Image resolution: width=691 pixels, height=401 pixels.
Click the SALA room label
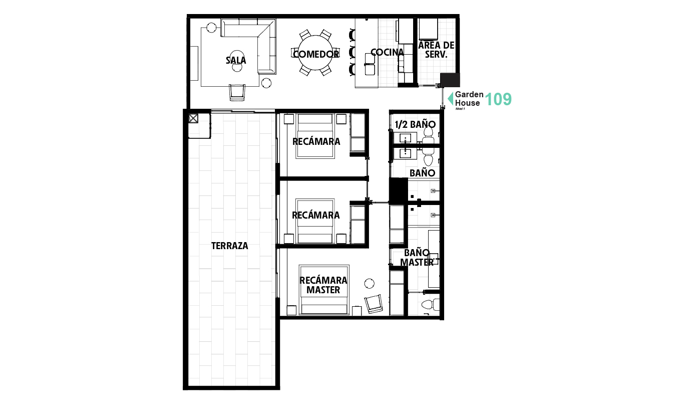point(236,61)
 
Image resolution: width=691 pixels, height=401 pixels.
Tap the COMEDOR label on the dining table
point(316,54)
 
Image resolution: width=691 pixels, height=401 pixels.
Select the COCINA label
point(387,53)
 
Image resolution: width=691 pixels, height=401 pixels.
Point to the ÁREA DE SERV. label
point(436,50)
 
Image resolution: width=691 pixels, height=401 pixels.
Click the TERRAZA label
point(229,246)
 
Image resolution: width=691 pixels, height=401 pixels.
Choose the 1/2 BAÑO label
point(415,124)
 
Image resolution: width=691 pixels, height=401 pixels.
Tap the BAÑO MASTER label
point(417,258)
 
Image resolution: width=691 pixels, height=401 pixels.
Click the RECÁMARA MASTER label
point(323,285)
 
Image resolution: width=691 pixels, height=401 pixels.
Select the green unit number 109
point(498,99)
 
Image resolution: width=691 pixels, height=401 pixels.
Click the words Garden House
point(469,99)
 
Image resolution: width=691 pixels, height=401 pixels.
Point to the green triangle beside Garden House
point(451,98)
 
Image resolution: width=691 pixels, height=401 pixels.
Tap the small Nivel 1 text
point(460,109)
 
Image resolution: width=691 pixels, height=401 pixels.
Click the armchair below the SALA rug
point(237,92)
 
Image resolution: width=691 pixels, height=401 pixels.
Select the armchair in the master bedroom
point(374,303)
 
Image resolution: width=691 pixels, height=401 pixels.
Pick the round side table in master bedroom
point(370,283)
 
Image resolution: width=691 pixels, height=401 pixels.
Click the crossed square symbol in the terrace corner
point(193,119)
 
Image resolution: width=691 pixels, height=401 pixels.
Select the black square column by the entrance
point(450,80)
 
